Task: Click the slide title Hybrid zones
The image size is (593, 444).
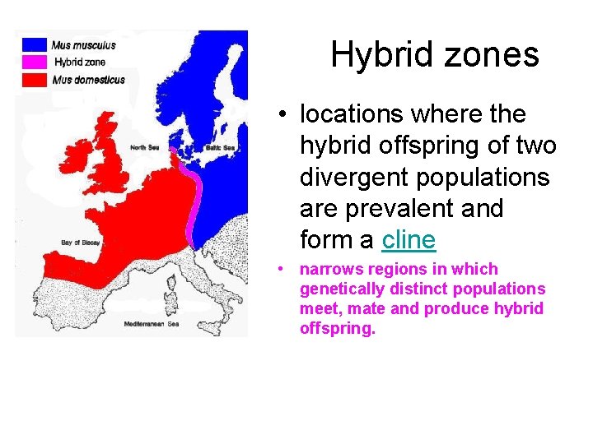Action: point(434,55)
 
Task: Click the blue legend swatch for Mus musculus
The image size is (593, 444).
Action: point(35,44)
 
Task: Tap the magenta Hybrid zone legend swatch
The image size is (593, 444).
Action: point(35,62)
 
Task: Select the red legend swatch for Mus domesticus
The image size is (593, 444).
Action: point(35,79)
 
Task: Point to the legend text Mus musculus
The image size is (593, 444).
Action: point(83,45)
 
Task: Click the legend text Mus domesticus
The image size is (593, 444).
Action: point(88,80)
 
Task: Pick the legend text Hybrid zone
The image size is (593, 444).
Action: point(80,62)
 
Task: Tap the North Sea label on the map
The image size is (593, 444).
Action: point(145,148)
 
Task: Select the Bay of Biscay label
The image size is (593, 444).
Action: point(81,243)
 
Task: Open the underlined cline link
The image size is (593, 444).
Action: point(408,240)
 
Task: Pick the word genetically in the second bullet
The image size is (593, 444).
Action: point(340,289)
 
